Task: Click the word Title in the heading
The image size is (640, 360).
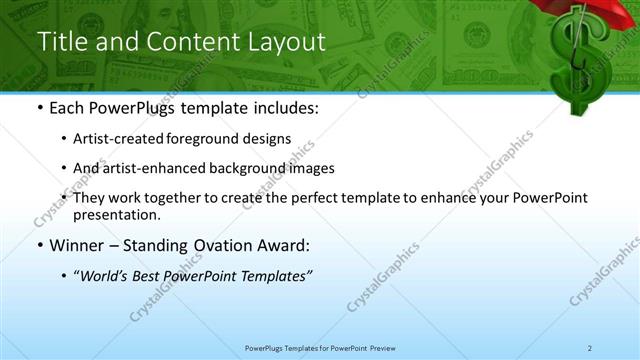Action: coord(59,42)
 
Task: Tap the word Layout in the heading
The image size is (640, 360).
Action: coord(290,42)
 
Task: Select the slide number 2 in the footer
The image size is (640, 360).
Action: coord(590,347)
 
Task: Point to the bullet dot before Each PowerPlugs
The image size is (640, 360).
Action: coord(39,107)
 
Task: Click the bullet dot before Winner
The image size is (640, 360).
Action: coord(39,245)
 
